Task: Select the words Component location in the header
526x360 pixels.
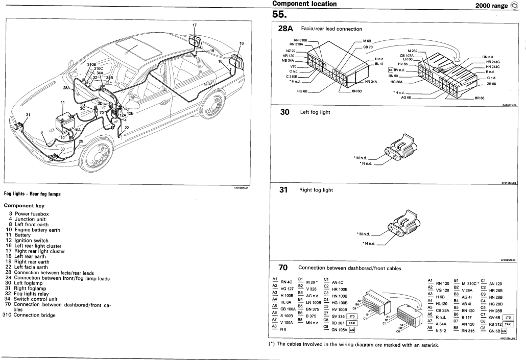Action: click(304, 4)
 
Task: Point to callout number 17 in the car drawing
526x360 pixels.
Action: click(195, 25)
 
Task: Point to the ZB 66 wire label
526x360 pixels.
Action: click(492, 84)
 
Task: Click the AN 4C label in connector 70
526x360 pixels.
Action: click(338, 282)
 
